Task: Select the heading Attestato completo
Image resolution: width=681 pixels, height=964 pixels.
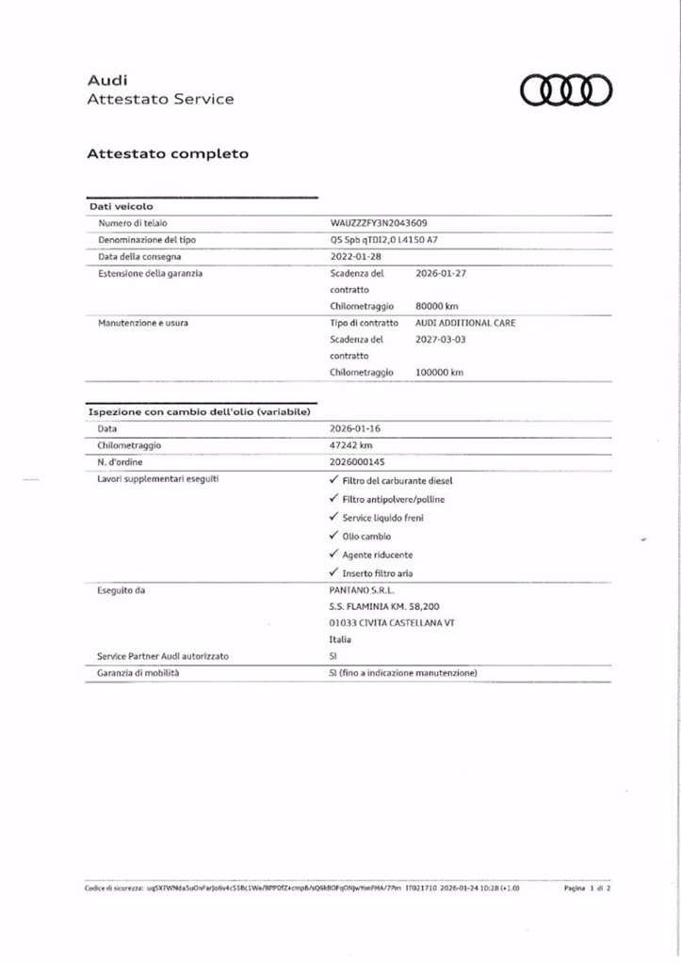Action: click(168, 153)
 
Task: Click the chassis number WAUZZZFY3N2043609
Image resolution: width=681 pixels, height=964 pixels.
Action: click(379, 223)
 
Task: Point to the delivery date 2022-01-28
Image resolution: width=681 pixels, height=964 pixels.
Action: click(355, 256)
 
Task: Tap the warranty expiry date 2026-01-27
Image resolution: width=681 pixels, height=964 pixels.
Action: click(441, 273)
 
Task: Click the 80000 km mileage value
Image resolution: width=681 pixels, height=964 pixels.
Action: click(437, 306)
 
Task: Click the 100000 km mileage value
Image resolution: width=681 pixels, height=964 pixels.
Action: click(439, 372)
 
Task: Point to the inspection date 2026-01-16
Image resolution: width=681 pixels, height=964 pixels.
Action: click(355, 427)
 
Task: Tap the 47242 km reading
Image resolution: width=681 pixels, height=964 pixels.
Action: click(352, 444)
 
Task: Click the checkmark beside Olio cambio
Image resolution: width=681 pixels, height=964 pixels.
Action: click(334, 536)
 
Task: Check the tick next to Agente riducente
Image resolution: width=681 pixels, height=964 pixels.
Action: click(334, 554)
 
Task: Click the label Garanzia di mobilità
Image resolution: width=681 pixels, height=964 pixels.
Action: click(138, 673)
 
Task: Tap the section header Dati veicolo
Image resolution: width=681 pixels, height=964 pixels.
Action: click(121, 205)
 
